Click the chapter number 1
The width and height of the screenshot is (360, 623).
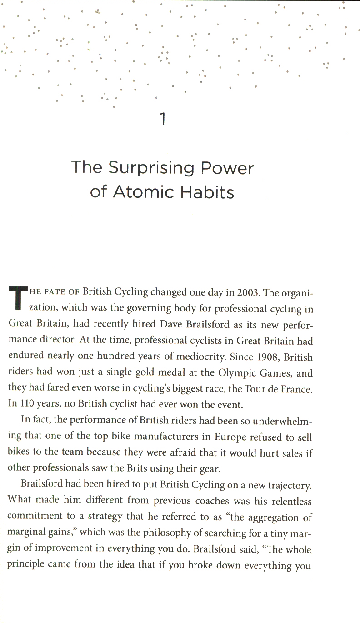(x=163, y=119)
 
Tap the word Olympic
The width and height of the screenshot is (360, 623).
(x=223, y=373)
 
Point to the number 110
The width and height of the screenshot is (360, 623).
(x=26, y=405)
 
